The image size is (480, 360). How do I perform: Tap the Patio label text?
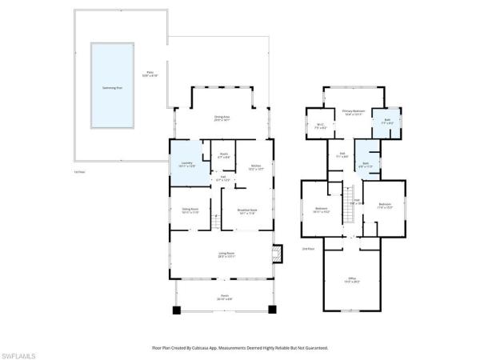[x=149, y=74]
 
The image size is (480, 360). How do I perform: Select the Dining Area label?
[x=222, y=118]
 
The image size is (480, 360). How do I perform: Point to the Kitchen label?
[x=256, y=168]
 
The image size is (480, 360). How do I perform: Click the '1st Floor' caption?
[x=78, y=172]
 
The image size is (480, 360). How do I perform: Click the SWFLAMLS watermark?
[x=19, y=352]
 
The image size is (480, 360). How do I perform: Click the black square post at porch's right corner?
[x=272, y=309]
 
